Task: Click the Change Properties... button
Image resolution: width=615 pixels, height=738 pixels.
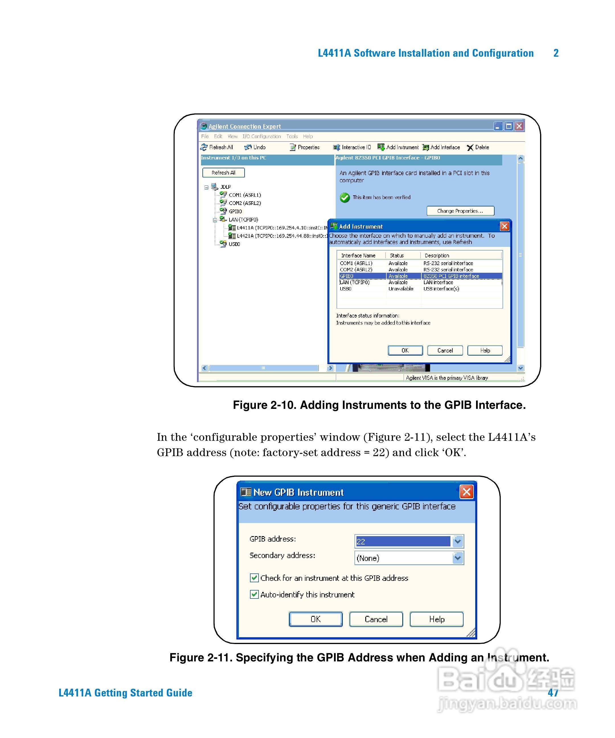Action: [460, 211]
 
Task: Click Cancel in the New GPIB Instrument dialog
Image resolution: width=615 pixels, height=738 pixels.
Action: [376, 619]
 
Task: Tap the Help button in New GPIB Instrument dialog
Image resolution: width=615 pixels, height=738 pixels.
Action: [436, 619]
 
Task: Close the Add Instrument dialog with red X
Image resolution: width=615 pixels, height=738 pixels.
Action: [504, 226]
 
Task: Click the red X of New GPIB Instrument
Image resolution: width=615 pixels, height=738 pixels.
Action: [466, 492]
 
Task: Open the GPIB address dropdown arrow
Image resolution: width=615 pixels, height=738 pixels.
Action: [457, 542]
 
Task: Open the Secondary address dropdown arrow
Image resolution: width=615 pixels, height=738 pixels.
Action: [457, 558]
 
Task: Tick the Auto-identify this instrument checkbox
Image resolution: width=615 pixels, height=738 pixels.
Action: [254, 594]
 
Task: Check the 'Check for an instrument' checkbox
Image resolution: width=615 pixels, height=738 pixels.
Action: [254, 578]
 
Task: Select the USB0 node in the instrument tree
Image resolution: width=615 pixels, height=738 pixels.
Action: [234, 244]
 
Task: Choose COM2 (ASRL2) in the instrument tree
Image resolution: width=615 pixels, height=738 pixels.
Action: [245, 203]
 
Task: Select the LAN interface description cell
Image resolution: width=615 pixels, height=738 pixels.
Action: [438, 282]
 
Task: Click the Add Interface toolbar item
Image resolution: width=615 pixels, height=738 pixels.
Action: [441, 147]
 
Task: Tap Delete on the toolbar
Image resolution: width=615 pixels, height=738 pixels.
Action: [478, 147]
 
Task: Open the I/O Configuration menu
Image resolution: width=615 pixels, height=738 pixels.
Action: [261, 136]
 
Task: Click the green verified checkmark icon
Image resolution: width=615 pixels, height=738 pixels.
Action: [345, 198]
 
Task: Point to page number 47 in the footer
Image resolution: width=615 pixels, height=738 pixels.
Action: [553, 693]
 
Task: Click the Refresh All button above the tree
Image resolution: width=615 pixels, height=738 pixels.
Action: [224, 173]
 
